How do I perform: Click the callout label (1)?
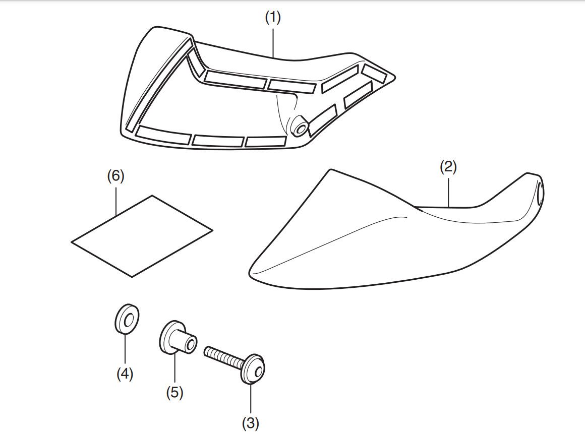point(273,17)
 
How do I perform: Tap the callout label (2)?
point(448,167)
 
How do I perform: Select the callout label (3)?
point(250,423)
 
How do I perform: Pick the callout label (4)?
point(125,374)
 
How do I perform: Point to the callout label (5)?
point(174,392)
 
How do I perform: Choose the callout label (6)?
point(115,176)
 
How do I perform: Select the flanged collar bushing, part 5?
point(177,339)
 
